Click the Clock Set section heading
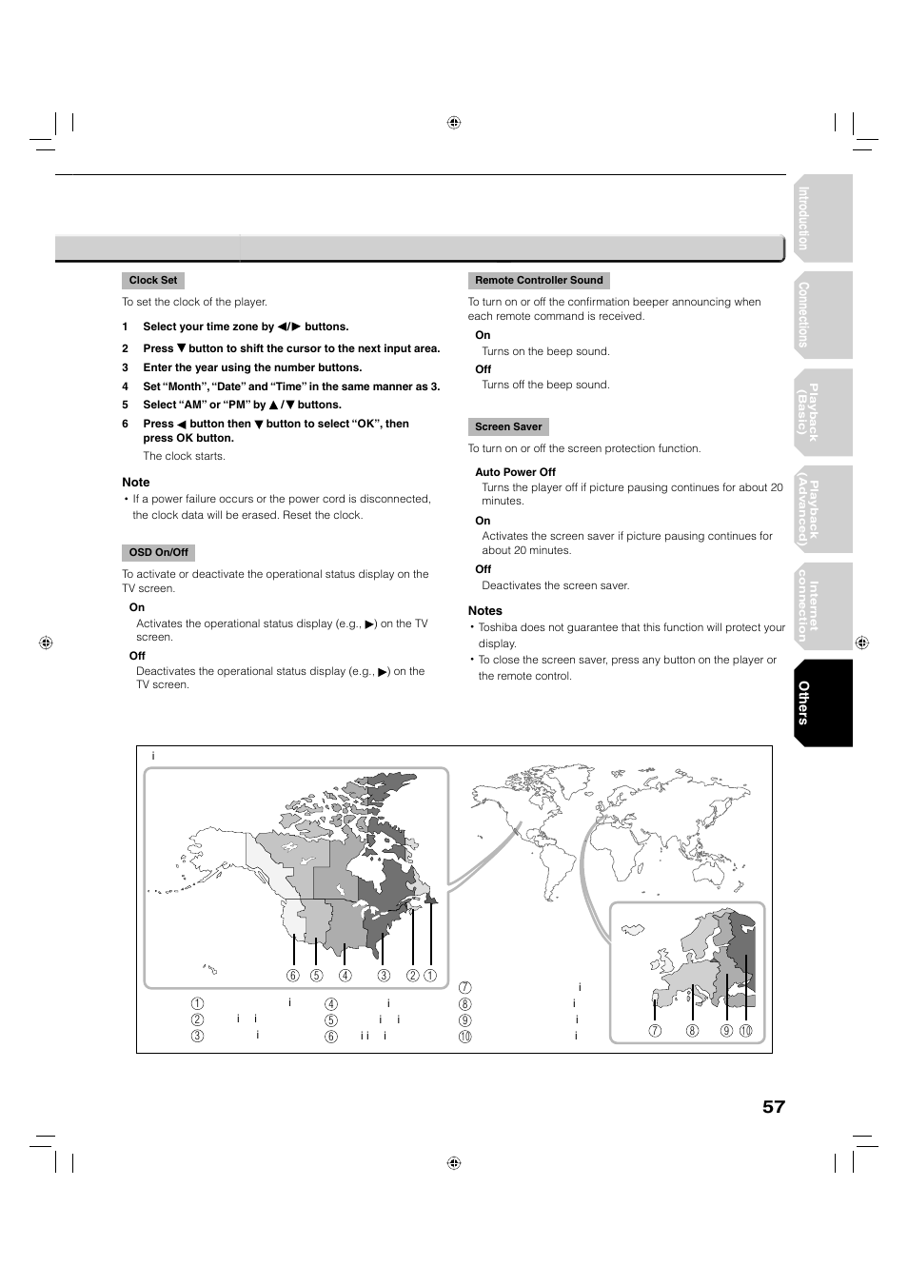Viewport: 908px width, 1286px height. tap(152, 281)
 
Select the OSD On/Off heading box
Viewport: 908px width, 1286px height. tap(158, 553)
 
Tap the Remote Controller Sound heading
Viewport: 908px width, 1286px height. tap(539, 281)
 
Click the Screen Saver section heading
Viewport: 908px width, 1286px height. tap(508, 427)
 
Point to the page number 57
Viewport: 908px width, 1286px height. tap(773, 1106)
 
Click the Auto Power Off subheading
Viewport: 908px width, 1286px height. tap(515, 472)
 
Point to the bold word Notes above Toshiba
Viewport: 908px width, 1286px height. tap(484, 611)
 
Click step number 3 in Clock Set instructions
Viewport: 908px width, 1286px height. tap(125, 367)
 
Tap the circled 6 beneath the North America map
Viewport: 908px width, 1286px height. tap(293, 976)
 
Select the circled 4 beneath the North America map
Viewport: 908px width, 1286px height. tap(345, 976)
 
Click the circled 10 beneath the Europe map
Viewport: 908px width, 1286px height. tap(746, 1031)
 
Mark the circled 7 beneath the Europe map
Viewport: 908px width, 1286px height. tap(655, 1031)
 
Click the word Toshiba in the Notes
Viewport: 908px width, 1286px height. tap(500, 628)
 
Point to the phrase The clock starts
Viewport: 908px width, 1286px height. tap(184, 457)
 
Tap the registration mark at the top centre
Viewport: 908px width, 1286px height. tap(454, 123)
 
